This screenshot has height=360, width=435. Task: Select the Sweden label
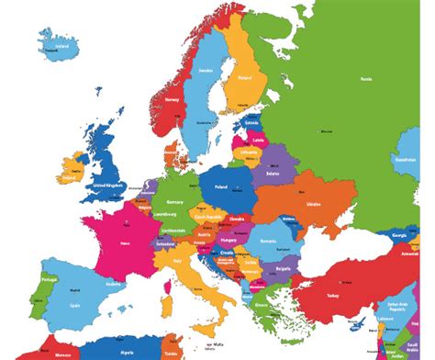click(x=206, y=69)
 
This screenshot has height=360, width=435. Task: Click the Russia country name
click(x=367, y=80)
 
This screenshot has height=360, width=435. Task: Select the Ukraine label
click(x=314, y=203)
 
